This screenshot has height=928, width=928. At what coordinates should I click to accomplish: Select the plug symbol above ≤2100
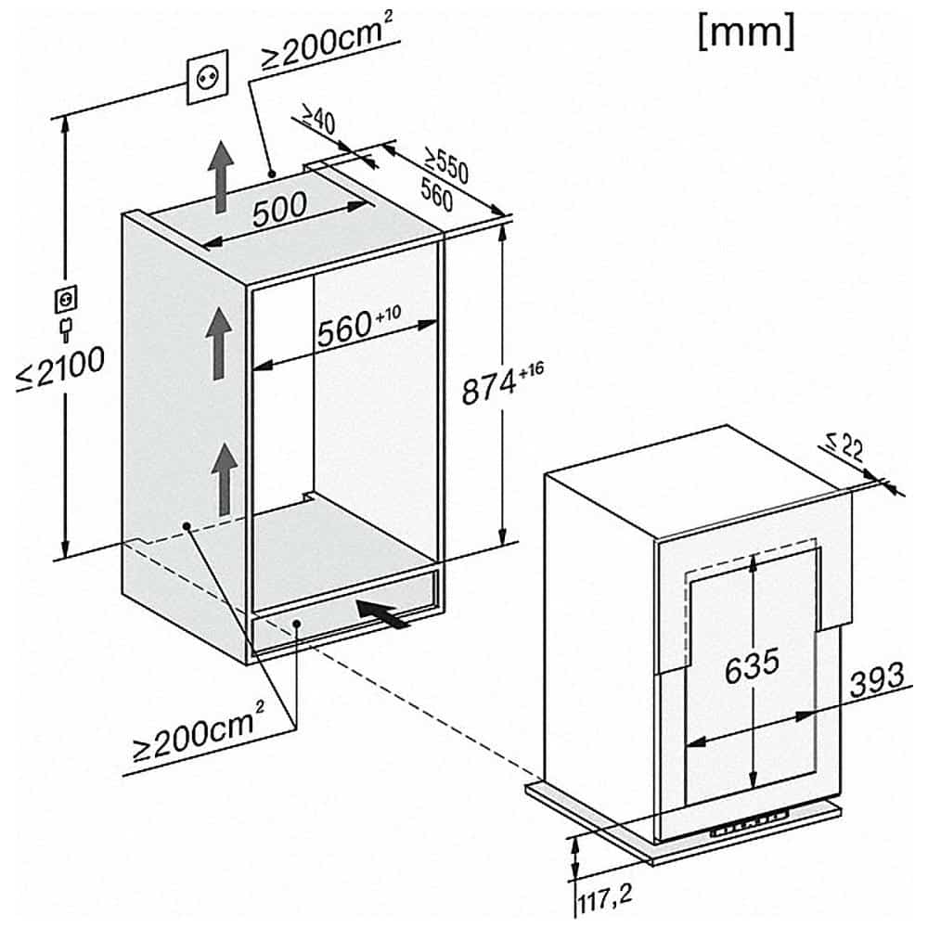click(65, 312)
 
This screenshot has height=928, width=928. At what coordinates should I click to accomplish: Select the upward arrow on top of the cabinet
click(219, 177)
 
